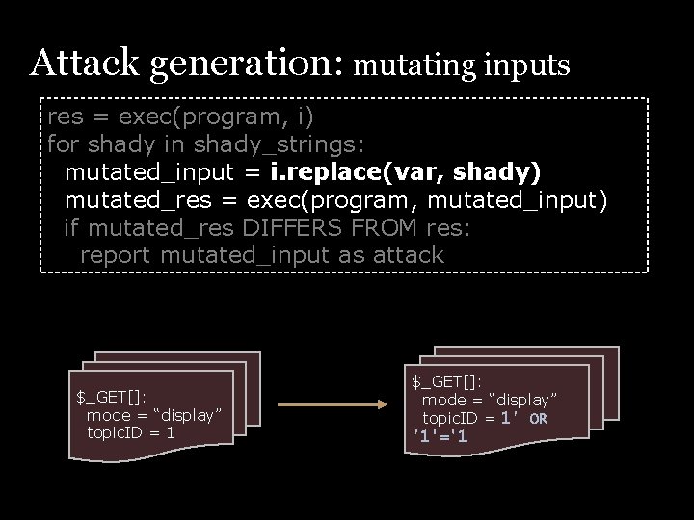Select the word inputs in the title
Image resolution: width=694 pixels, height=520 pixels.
[528, 65]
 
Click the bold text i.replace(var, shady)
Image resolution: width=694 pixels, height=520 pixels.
[406, 172]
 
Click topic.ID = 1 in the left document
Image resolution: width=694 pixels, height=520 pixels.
[131, 432]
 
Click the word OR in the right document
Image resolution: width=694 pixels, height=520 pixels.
[539, 419]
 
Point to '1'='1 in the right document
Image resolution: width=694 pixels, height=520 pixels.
[440, 436]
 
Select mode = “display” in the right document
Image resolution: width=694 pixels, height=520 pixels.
[490, 400]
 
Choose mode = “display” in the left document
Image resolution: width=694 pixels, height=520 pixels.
[154, 415]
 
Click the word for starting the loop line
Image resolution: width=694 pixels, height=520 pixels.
[65, 144]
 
